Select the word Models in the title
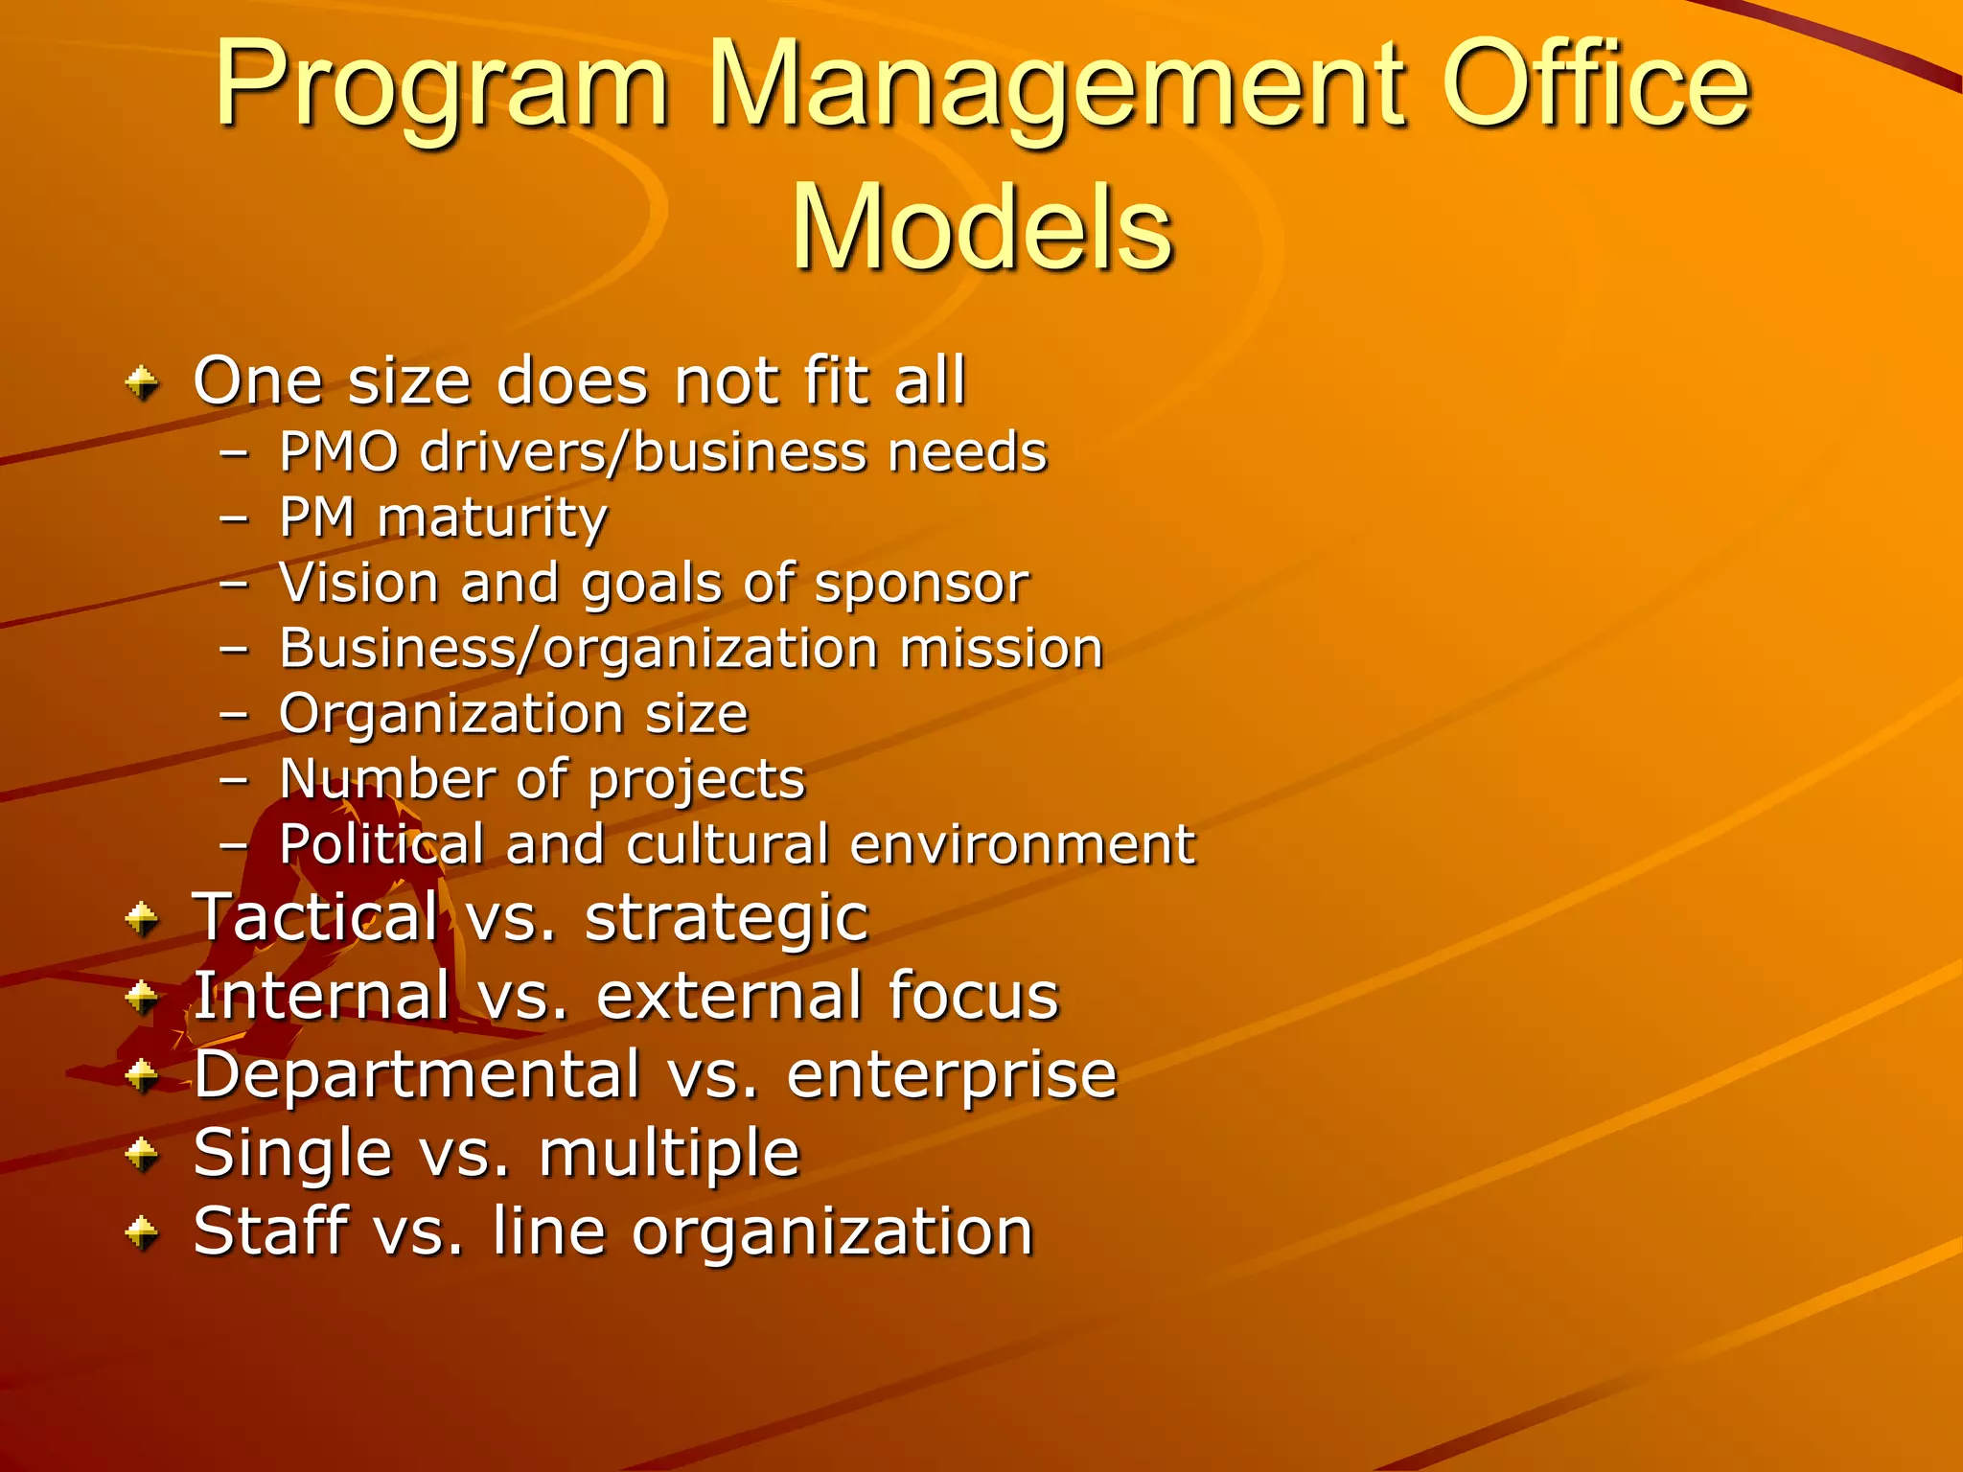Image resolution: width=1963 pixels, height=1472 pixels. (981, 228)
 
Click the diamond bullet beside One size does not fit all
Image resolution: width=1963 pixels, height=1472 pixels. (143, 384)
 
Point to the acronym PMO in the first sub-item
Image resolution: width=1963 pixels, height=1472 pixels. (338, 451)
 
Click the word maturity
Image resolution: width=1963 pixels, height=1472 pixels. (492, 518)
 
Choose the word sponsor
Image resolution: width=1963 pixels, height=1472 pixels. (921, 583)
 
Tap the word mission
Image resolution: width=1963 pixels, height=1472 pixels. (1001, 648)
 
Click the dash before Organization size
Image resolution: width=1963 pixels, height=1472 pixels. (234, 715)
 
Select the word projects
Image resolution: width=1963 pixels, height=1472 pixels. (696, 779)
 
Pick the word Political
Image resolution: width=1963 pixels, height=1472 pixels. (381, 844)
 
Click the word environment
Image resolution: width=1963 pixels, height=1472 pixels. (1022, 844)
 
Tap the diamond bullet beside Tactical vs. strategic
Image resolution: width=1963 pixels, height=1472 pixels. (143, 919)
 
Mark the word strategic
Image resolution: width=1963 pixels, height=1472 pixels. (727, 919)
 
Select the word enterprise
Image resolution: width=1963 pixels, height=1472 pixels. (952, 1076)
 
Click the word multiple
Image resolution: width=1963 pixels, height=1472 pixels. (669, 1153)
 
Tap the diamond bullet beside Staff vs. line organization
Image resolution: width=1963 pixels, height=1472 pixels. (143, 1232)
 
